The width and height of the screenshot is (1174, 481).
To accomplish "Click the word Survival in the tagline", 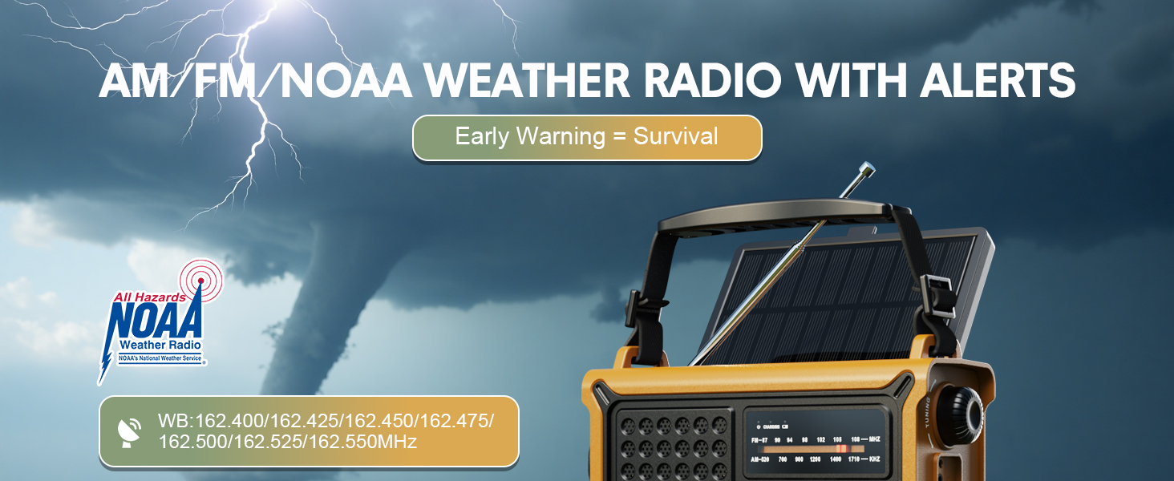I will click(675, 136).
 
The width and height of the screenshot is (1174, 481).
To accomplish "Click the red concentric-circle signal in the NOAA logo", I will click(200, 278).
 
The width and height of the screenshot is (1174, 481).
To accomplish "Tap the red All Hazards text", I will click(149, 297).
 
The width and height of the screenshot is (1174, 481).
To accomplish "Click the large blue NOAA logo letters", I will click(156, 321).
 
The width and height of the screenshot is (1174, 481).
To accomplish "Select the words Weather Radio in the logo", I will click(160, 345).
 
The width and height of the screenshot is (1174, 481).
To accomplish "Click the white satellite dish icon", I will click(130, 431).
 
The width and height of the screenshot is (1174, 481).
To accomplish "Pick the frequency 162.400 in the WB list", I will click(232, 421).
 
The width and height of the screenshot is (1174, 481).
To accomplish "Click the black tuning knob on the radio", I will click(961, 412).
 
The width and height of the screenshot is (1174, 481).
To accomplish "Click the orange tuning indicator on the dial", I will click(841, 449).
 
